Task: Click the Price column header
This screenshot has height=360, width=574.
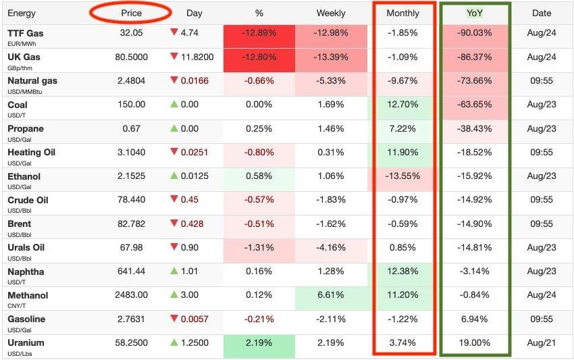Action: point(132,13)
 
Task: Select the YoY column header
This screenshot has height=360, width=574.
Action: point(475,13)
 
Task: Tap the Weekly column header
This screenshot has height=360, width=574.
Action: point(330,13)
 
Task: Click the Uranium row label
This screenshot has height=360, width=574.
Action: point(26,343)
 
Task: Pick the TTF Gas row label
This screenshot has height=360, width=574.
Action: point(25,33)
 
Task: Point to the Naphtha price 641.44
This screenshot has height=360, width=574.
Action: point(130,272)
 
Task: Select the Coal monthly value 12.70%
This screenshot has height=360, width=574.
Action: point(402,105)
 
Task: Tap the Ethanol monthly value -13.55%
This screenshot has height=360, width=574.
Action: point(402,176)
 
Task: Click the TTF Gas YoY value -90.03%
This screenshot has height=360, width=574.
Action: point(475,33)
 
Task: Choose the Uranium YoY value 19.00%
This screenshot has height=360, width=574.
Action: point(475,343)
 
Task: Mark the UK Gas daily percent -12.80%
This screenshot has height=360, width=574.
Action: point(259,57)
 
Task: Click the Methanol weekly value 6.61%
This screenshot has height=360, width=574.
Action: point(330,295)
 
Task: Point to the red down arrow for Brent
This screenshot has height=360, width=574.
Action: point(174,224)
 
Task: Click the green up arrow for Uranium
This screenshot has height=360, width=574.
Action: point(174,343)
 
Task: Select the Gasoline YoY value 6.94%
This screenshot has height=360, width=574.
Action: point(475,319)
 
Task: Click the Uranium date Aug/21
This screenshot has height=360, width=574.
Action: point(541,343)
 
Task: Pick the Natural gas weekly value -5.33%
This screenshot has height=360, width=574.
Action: point(330,81)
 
